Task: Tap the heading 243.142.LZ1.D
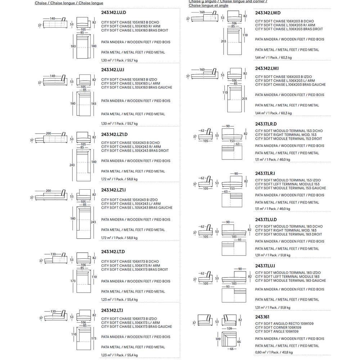pyautogui.click(x=114, y=134)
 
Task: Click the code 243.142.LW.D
pyautogui.click(x=267, y=13)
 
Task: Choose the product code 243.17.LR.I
pyautogui.click(x=265, y=174)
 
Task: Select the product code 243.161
pyautogui.click(x=262, y=317)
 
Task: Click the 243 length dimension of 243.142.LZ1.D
pyautogui.click(x=72, y=165)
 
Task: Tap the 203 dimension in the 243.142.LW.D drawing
pyautogui.click(x=224, y=41)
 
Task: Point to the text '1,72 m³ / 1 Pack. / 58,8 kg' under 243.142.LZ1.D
pyautogui.click(x=119, y=179)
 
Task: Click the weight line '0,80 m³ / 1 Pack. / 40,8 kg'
pyautogui.click(x=274, y=352)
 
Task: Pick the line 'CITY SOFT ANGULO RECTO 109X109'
pyautogui.click(x=284, y=324)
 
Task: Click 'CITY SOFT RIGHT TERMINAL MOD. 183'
pyautogui.click(x=286, y=230)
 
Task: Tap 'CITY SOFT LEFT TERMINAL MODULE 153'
pyautogui.click(x=287, y=184)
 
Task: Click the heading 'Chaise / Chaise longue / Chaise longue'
pyautogui.click(x=69, y=3)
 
